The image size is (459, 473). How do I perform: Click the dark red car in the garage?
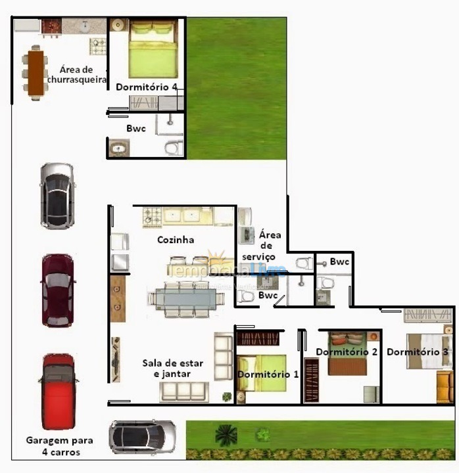pyautogui.click(x=58, y=290)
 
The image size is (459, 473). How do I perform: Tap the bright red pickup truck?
pyautogui.click(x=59, y=391)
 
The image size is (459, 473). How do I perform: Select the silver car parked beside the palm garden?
pyautogui.click(x=142, y=437)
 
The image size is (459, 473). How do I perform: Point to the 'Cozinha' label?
pyautogui.click(x=176, y=240)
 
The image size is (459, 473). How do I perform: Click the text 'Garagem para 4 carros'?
pyautogui.click(x=59, y=446)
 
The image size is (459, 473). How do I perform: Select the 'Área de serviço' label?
pyautogui.click(x=270, y=245)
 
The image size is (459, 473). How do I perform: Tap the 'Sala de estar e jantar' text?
pyautogui.click(x=173, y=368)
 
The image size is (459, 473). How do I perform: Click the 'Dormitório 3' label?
pyautogui.click(x=418, y=352)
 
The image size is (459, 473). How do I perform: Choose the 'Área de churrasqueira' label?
pyautogui.click(x=77, y=74)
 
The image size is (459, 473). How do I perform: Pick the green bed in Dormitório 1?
pyautogui.click(x=262, y=372)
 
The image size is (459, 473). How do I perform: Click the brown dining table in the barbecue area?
pyautogui.click(x=35, y=71)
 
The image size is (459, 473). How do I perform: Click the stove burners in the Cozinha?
pyautogui.click(x=153, y=214)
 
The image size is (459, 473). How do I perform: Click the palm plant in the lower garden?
pyautogui.click(x=226, y=434)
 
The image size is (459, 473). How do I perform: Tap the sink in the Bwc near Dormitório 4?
pyautogui.click(x=119, y=148)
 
